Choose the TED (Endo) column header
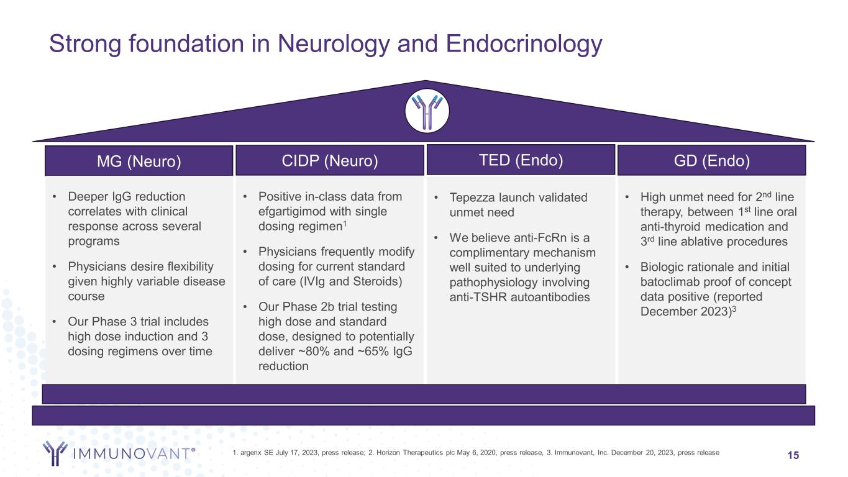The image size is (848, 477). click(521, 160)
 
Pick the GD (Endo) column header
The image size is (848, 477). click(711, 161)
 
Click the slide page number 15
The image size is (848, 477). click(793, 456)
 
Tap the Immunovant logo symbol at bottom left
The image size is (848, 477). click(55, 453)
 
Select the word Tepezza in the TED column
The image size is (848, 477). click(474, 198)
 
